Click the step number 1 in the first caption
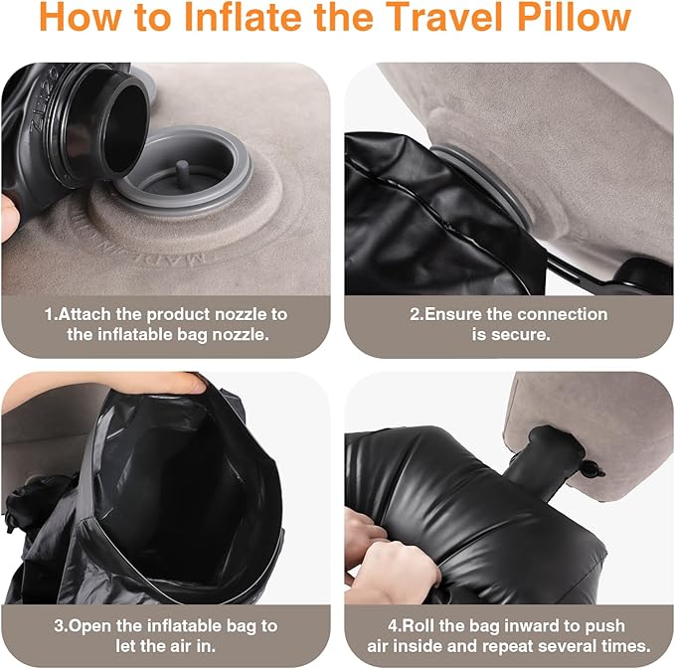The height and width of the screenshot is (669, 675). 49,314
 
